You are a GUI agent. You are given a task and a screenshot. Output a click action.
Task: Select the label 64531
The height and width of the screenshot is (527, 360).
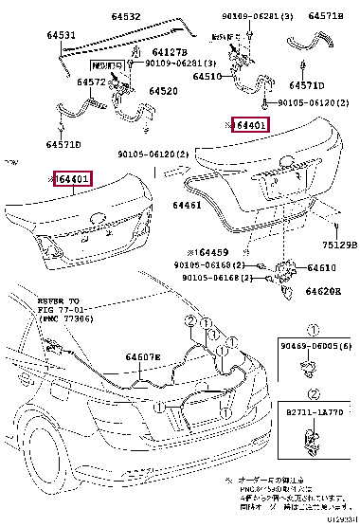(63, 35)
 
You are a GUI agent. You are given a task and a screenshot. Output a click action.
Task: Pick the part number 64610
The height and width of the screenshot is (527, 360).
(322, 268)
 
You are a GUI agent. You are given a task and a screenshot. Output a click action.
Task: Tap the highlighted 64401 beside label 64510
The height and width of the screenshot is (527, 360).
(251, 125)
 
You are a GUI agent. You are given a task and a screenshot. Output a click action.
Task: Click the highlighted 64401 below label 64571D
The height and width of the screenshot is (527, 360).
(72, 178)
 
